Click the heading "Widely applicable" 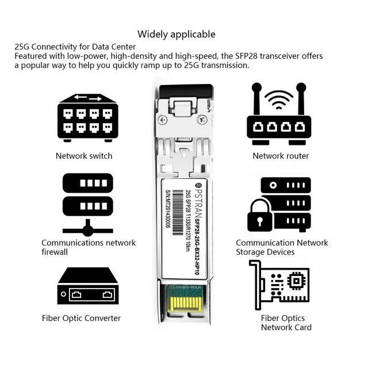pyautogui.click(x=176, y=34)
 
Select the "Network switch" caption pyautogui.click(x=84, y=156)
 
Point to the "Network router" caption pyautogui.click(x=281, y=156)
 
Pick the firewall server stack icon pyautogui.click(x=87, y=205)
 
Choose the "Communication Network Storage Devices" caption pyautogui.click(x=282, y=247)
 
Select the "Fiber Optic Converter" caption pyautogui.click(x=81, y=318)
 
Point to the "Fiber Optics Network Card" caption pyautogui.click(x=286, y=323)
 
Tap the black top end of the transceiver pyautogui.click(x=185, y=89)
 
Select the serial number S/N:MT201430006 pyautogui.click(x=168, y=209)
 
